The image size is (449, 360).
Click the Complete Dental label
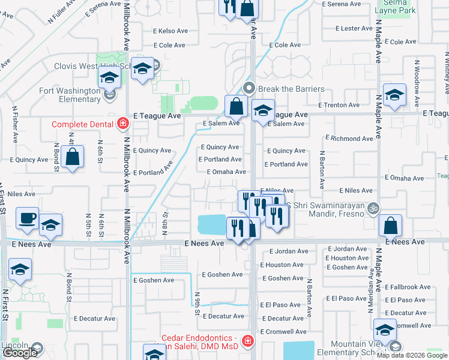click(x=82, y=124)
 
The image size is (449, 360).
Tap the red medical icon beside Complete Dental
click(x=122, y=124)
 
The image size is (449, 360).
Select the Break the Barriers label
click(x=291, y=89)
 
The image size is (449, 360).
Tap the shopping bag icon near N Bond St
click(x=73, y=158)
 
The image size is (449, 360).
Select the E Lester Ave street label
click(x=356, y=28)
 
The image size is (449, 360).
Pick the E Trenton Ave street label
click(x=340, y=105)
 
